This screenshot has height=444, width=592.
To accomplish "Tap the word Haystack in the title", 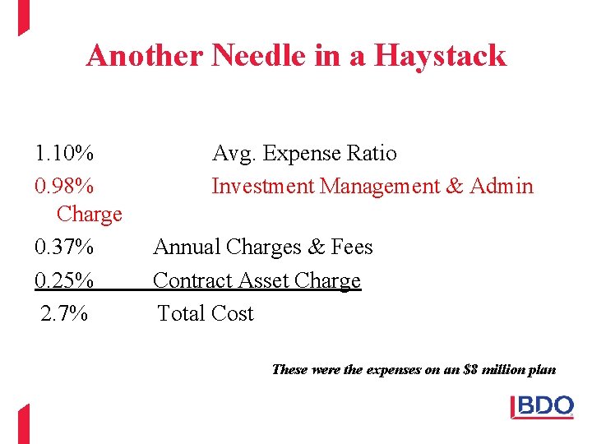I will click(440, 56).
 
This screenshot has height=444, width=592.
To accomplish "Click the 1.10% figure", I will click(64, 154).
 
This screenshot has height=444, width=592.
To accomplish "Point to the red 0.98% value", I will click(64, 187).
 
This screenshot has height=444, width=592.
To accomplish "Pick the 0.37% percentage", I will click(64, 247).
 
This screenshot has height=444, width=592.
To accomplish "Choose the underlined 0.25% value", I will click(64, 280).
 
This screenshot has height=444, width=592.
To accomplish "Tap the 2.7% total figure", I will click(65, 314).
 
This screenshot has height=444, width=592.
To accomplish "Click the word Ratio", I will click(371, 154).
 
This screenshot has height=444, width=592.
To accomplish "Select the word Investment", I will click(263, 187).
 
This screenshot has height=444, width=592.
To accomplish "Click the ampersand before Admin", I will click(455, 187).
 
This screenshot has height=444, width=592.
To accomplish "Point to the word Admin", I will click(502, 187).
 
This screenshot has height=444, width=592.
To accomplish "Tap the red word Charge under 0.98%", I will click(89, 215).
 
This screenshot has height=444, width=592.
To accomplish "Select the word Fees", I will click(352, 247).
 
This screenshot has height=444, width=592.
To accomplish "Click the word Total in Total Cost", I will click(182, 314).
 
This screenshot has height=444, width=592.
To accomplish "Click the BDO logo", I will click(543, 407).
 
